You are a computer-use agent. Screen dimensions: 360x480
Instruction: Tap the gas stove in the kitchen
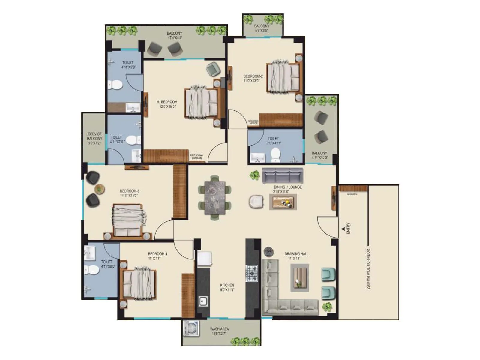(252, 273)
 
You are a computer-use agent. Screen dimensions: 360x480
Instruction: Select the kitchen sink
(203, 301)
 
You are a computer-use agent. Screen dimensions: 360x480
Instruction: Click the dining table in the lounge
(214, 198)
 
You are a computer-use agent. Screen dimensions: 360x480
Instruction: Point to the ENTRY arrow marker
(343, 229)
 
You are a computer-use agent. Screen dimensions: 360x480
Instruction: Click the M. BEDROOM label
(167, 102)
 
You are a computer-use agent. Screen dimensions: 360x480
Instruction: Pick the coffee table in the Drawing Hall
(300, 277)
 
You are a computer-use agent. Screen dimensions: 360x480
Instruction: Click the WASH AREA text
(219, 329)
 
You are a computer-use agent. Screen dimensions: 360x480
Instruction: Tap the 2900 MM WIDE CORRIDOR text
(368, 269)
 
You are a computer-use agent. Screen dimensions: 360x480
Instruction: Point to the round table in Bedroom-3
(99, 189)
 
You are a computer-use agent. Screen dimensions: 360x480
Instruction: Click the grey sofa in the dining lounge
(283, 175)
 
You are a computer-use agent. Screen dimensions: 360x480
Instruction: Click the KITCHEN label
(227, 285)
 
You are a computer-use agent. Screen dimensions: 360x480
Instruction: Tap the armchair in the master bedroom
(213, 69)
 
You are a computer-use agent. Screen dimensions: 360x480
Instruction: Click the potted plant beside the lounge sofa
(255, 175)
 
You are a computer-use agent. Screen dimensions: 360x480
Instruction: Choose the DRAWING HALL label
(296, 254)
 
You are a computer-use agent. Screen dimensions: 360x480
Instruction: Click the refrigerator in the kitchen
(204, 258)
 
